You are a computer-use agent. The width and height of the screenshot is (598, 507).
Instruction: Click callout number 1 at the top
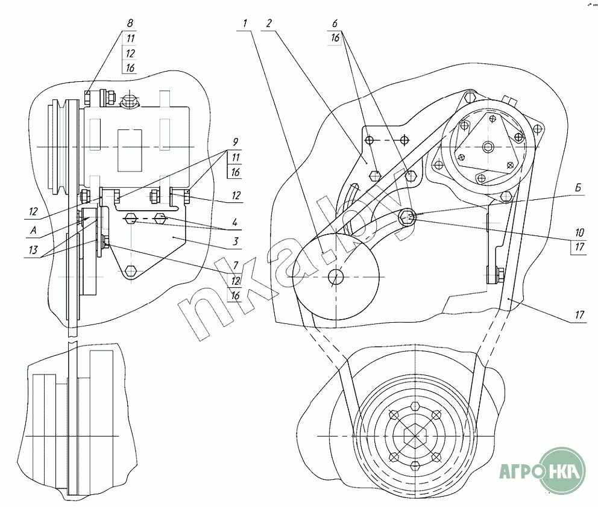245,23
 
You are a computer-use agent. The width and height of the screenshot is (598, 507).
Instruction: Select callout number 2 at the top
269,23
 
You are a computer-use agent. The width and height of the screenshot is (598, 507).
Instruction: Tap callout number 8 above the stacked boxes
130,23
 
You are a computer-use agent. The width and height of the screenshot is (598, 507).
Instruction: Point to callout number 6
335,23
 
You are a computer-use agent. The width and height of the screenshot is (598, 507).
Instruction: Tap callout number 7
236,265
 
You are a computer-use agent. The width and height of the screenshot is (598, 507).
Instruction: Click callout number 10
579,232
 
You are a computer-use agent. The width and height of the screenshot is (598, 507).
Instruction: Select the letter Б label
577,188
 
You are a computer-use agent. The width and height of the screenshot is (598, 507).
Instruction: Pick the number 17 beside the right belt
579,314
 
